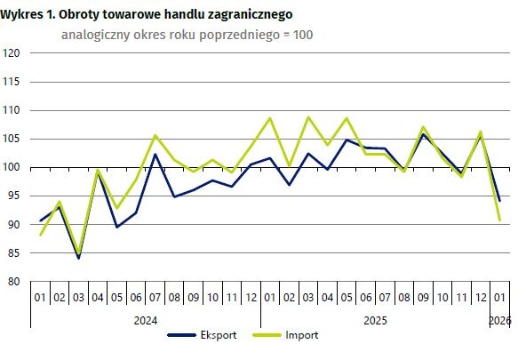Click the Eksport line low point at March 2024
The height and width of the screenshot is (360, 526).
click(x=79, y=258)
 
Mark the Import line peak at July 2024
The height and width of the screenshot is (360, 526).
click(x=155, y=136)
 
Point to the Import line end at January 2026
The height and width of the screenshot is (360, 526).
click(x=501, y=220)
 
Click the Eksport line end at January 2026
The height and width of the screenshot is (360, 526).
click(x=501, y=200)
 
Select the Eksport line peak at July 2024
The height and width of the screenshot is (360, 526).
click(x=155, y=155)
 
